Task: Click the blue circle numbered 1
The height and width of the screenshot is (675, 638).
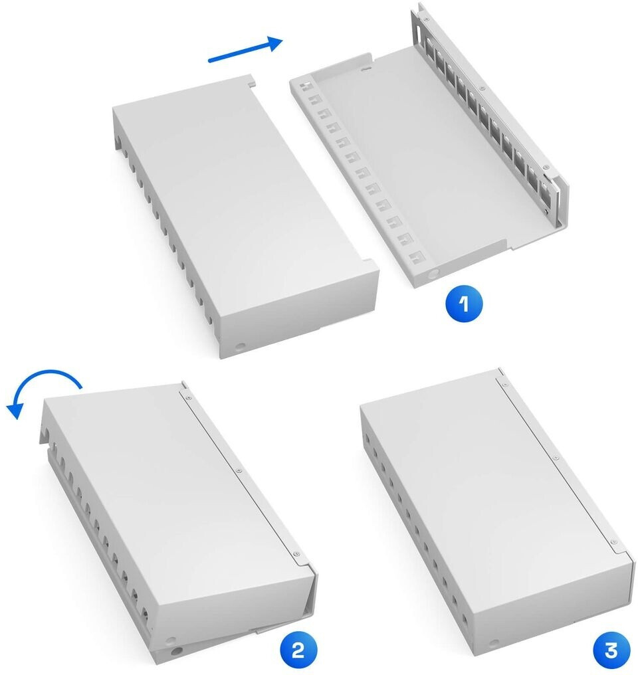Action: [x=464, y=304]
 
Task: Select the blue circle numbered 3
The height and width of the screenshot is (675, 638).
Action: [x=611, y=650]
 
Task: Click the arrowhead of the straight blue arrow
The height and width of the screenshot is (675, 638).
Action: [x=274, y=43]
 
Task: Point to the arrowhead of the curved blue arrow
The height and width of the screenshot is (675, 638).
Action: [x=14, y=411]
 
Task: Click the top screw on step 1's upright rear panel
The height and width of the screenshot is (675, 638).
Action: [x=426, y=19]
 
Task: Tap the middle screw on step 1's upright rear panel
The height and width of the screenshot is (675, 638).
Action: [x=483, y=88]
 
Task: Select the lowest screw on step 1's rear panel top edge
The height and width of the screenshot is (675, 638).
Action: [x=546, y=167]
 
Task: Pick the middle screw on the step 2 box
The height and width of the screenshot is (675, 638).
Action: [x=239, y=470]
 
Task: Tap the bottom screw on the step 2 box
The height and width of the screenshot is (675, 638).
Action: [x=296, y=554]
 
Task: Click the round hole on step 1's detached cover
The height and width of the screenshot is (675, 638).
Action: [x=240, y=346]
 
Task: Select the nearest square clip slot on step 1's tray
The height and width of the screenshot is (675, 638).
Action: [x=416, y=258]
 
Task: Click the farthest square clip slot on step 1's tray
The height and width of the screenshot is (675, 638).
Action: [x=305, y=85]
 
